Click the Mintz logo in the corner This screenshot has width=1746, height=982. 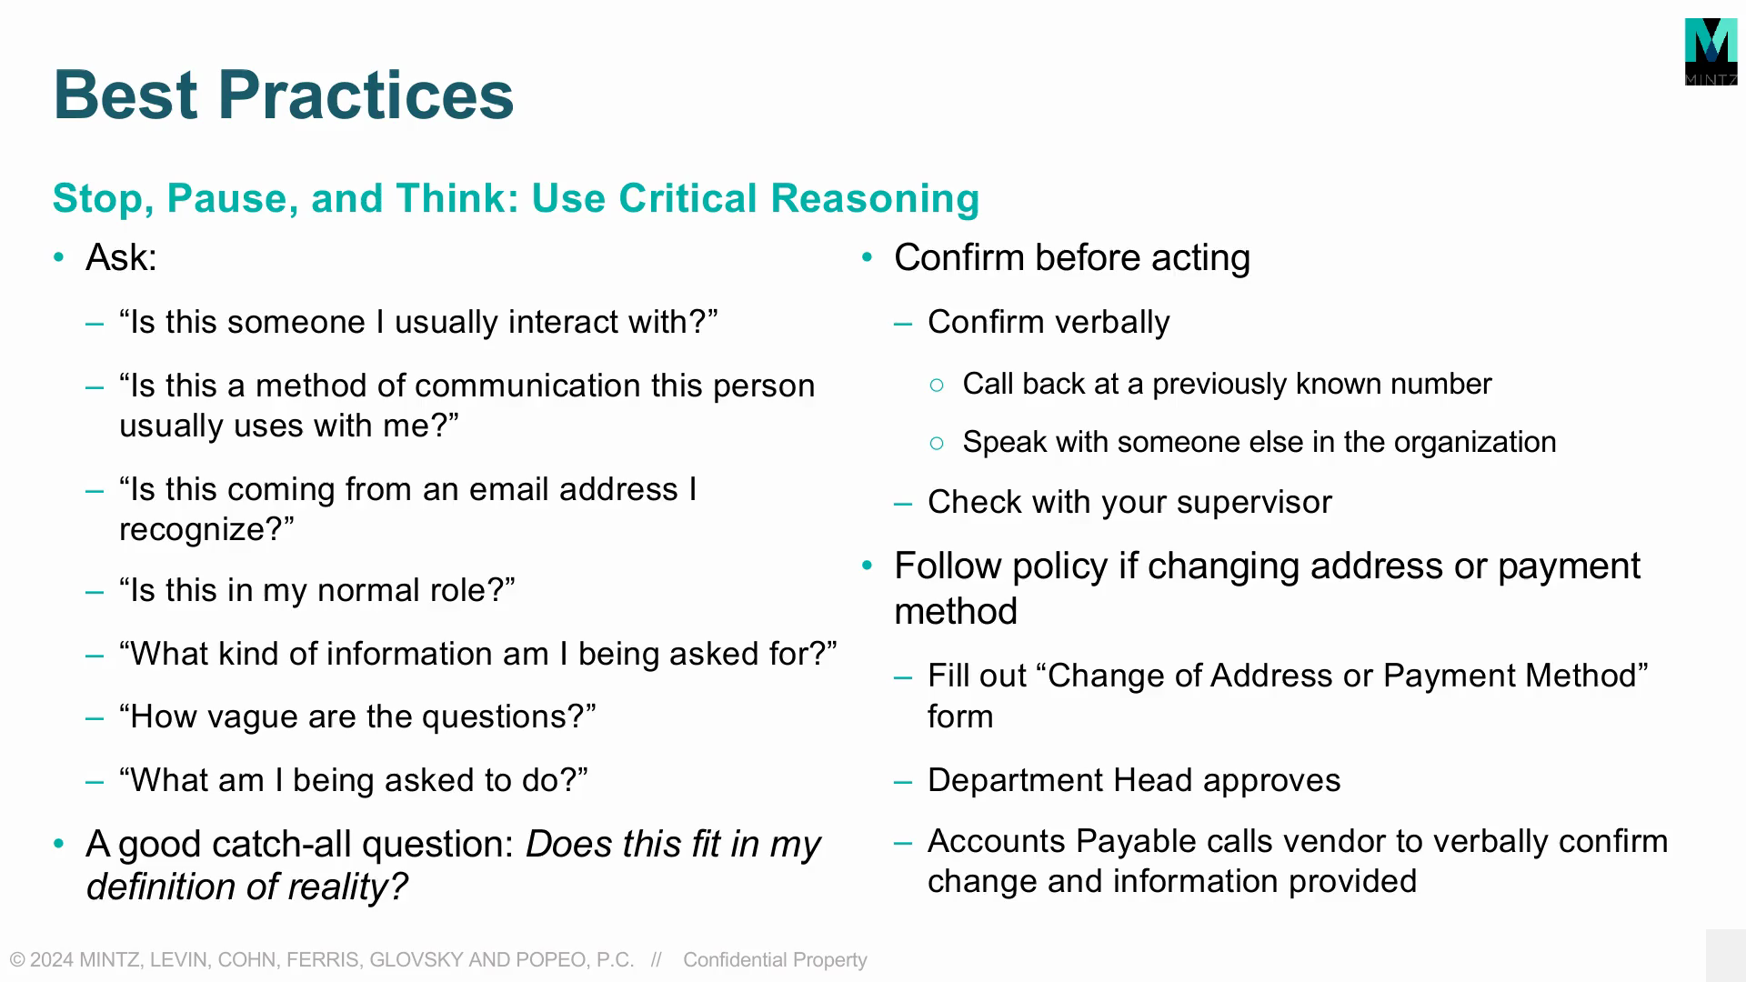click(1711, 52)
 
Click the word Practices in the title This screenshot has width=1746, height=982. click(366, 95)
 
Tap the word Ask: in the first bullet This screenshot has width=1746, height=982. click(121, 257)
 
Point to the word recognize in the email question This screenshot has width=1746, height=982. click(195, 529)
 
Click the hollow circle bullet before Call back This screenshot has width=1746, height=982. click(938, 386)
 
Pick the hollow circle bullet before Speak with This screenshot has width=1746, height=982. click(938, 444)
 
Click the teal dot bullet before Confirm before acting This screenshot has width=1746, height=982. click(867, 258)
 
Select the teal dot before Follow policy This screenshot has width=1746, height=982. click(867, 566)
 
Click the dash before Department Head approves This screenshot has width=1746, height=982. click(903, 782)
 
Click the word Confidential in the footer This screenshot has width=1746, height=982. click(735, 960)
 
